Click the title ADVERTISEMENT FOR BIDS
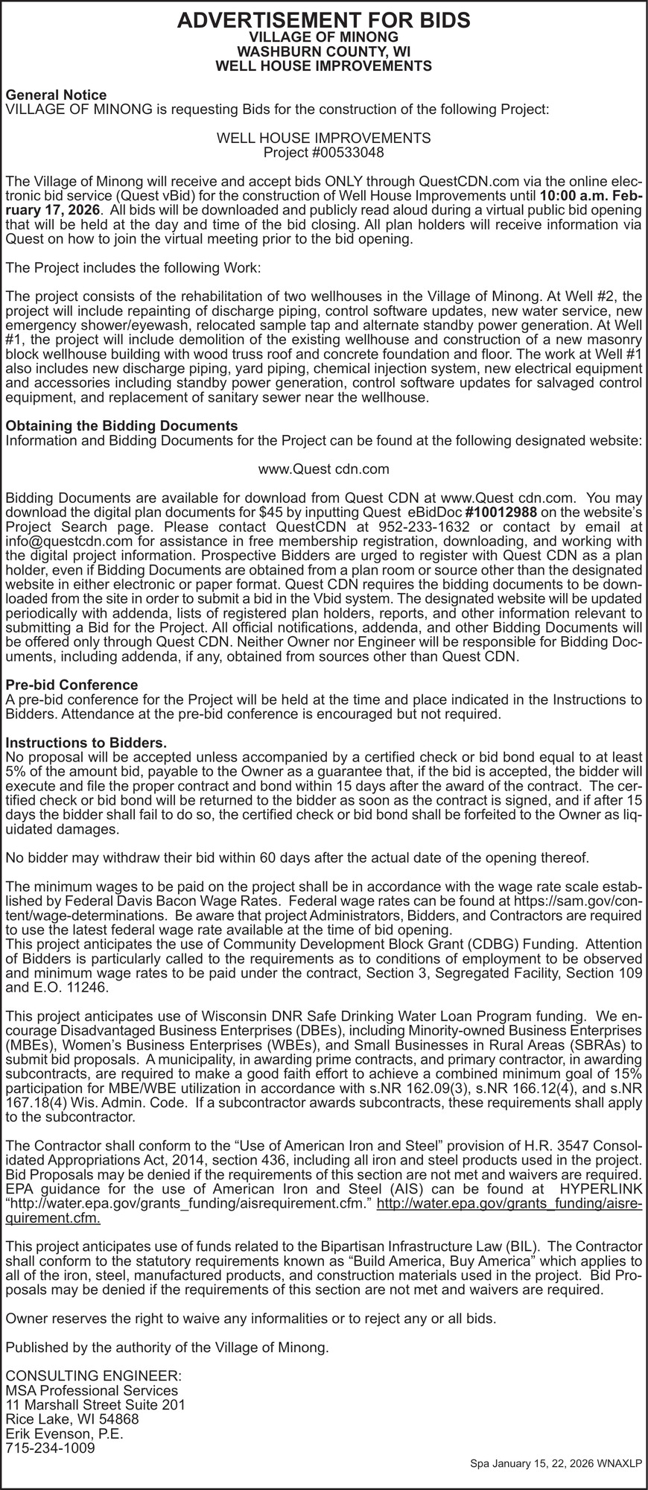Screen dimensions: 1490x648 point(323,20)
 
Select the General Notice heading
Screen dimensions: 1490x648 point(56,95)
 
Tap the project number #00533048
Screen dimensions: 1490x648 point(323,153)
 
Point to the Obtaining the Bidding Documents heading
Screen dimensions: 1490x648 point(121,425)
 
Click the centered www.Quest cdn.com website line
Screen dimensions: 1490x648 point(323,469)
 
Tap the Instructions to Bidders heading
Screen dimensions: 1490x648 point(86,743)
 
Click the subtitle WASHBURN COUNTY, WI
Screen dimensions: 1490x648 point(323,51)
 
